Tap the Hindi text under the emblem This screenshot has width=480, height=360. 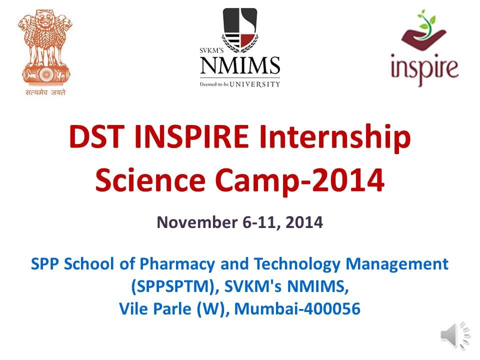45,92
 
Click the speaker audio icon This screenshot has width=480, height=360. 455,335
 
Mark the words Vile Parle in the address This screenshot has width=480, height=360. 152,309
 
